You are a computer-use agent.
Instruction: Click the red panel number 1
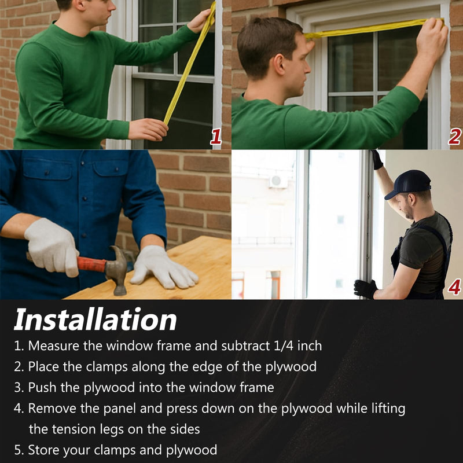click(x=216, y=137)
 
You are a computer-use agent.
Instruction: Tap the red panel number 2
click(x=454, y=137)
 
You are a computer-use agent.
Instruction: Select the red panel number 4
click(x=454, y=286)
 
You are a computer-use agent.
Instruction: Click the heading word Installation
click(x=95, y=319)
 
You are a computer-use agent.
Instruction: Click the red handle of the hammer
click(x=91, y=264)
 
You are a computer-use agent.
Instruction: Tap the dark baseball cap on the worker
click(x=409, y=183)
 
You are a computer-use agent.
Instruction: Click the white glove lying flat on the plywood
click(x=163, y=267)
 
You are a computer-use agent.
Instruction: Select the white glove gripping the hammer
click(x=53, y=247)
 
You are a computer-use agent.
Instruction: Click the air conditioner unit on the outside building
click(x=278, y=181)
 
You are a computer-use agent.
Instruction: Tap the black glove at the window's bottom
click(x=366, y=289)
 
